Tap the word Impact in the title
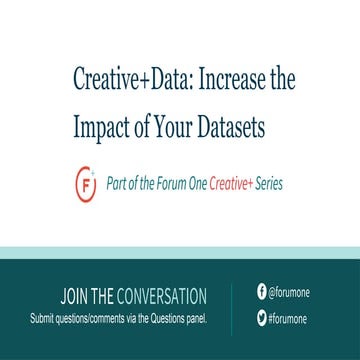pyautogui.click(x=99, y=128)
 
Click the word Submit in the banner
pyautogui.click(x=44, y=319)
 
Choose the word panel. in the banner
pyautogui.click(x=194, y=319)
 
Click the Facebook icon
pyautogui.click(x=261, y=292)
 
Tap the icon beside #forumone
pyautogui.click(x=261, y=319)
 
